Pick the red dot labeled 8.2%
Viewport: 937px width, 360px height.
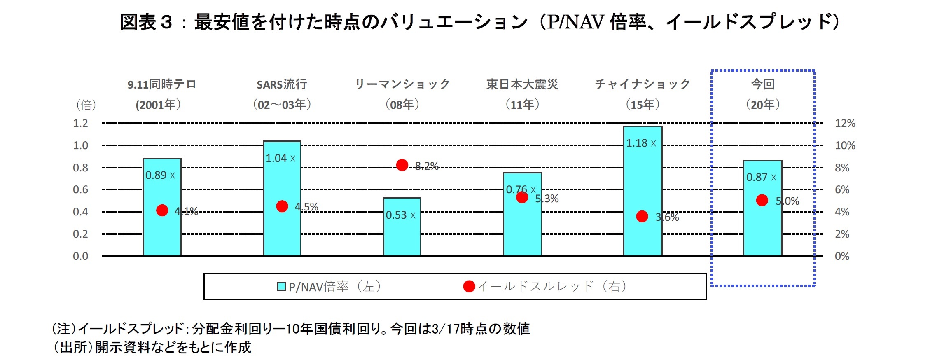402,165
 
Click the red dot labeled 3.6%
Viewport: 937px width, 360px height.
642,216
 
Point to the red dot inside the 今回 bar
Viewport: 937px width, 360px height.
762,200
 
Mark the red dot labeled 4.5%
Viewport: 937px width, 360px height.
282,206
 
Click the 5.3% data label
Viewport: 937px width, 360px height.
547,199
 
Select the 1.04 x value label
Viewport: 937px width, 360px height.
280,159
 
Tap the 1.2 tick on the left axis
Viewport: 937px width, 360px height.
80,123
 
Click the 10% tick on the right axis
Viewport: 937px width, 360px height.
845,145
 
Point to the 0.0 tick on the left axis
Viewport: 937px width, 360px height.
80,256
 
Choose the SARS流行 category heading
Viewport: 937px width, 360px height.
282,84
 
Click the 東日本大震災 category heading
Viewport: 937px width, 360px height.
522,84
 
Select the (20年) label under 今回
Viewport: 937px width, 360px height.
763,105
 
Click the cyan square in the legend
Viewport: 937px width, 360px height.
281,286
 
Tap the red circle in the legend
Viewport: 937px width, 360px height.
469,286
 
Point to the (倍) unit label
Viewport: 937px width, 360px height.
86,105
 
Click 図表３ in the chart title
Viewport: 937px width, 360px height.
146,22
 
